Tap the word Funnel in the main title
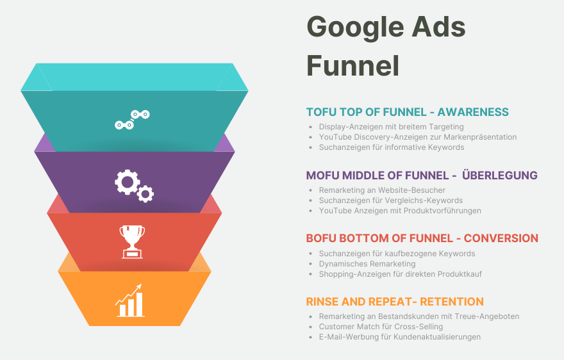pyautogui.click(x=353, y=65)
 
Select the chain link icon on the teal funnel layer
pyautogui.click(x=133, y=119)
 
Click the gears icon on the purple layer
pyautogui.click(x=134, y=186)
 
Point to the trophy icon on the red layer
pyautogui.click(x=133, y=241)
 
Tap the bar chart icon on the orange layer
pyautogui.click(x=130, y=300)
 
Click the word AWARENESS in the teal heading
pyautogui.click(x=473, y=112)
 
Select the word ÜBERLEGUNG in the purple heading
pyautogui.click(x=500, y=175)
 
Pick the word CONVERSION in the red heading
pyautogui.click(x=501, y=238)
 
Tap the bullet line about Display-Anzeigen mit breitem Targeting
pyautogui.click(x=392, y=127)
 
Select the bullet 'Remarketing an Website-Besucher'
pyautogui.click(x=382, y=190)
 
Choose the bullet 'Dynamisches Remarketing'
pyautogui.click(x=367, y=264)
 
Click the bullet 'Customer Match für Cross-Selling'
pyautogui.click(x=381, y=327)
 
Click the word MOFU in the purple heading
pyautogui.click(x=322, y=175)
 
